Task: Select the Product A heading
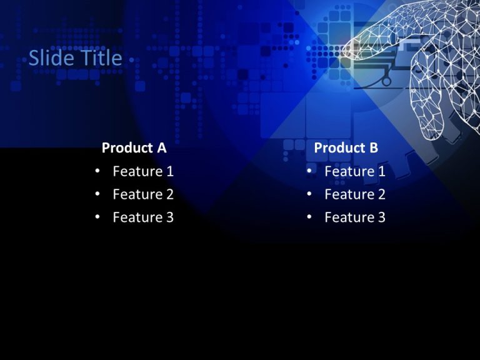point(134,148)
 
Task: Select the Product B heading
point(346,148)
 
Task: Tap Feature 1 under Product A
point(143,171)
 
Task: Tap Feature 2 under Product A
point(143,194)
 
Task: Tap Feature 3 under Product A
point(143,217)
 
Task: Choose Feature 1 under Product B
point(355,171)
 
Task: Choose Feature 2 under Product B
point(355,194)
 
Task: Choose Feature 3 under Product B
point(355,217)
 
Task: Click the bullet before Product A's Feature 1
point(97,171)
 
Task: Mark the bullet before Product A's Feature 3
point(97,217)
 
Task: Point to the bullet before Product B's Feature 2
point(309,194)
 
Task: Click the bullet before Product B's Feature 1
point(309,171)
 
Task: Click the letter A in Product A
point(161,148)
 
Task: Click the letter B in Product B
point(373,148)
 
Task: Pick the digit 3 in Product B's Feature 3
point(381,217)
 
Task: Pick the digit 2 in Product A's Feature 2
point(169,194)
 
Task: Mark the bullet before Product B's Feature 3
point(309,217)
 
